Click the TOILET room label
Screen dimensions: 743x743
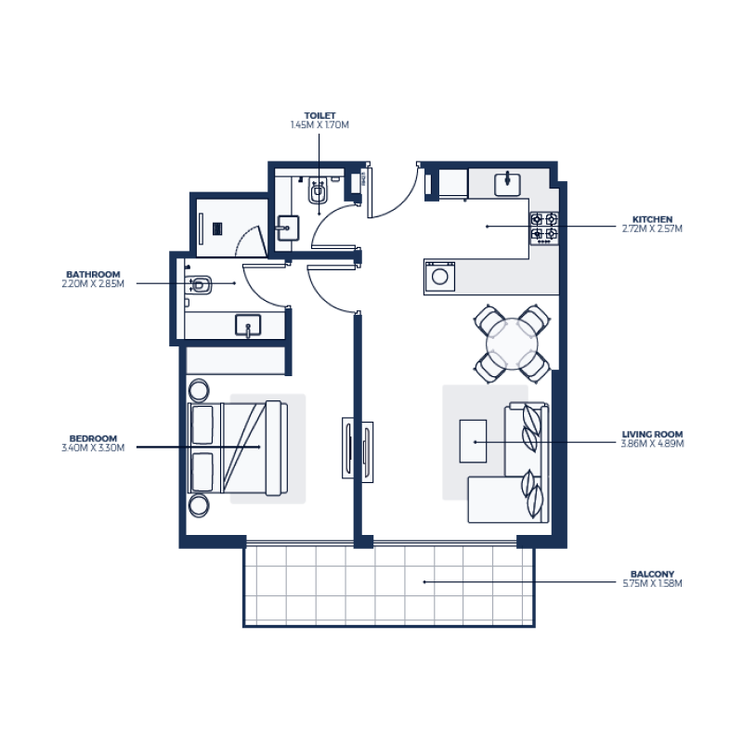(319, 116)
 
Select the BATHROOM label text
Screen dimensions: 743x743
(93, 274)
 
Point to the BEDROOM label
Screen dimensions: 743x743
(93, 438)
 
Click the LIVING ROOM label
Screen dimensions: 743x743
(652, 434)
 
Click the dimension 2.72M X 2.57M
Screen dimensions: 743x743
(652, 228)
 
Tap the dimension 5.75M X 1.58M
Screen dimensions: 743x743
(652, 583)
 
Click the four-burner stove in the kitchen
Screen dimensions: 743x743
(543, 227)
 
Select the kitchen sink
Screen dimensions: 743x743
(507, 183)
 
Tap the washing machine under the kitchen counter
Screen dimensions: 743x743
(440, 276)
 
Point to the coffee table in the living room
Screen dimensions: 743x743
(473, 440)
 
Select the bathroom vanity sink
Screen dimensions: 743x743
(248, 325)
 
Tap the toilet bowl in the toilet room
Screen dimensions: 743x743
(318, 192)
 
